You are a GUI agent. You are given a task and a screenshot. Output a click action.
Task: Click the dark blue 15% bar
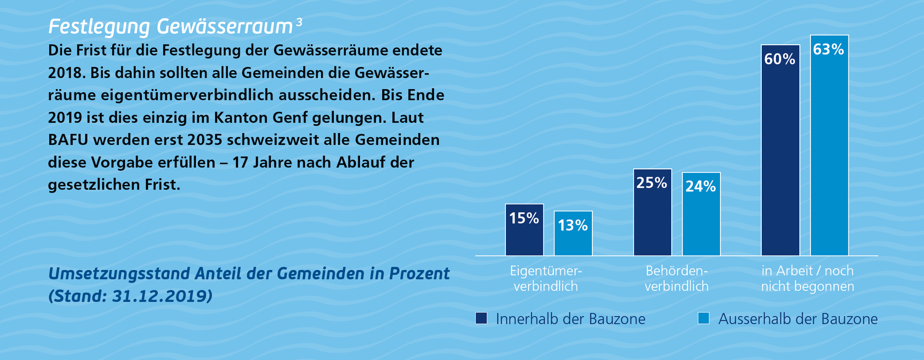coord(524,230)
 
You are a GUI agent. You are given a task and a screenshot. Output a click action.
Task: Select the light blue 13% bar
coord(573,233)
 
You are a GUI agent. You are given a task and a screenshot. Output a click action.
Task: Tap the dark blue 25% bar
coord(652,212)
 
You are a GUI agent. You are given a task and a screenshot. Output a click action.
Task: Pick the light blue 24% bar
coord(701,214)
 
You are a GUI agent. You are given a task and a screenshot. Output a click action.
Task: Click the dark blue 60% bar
coord(780,150)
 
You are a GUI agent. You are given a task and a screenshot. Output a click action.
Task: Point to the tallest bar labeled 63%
coord(829,145)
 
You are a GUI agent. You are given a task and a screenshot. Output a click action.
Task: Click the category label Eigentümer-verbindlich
coord(546,279)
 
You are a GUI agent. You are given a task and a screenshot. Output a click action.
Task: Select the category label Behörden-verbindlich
coord(677,279)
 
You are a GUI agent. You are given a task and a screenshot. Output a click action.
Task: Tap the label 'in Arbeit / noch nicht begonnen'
coord(807,279)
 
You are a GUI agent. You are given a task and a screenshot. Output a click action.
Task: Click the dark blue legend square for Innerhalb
coord(481,318)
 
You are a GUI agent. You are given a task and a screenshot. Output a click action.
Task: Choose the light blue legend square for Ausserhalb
coord(704,318)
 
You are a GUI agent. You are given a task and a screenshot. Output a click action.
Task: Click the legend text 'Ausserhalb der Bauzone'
coord(798,319)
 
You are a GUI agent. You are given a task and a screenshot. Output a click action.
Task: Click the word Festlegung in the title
coord(99,27)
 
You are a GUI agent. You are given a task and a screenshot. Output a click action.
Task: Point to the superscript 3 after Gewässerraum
coord(299,22)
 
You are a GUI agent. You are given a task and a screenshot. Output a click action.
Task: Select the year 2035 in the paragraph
coord(205,140)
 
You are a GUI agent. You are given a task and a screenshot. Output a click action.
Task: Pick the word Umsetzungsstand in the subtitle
coord(119,274)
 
